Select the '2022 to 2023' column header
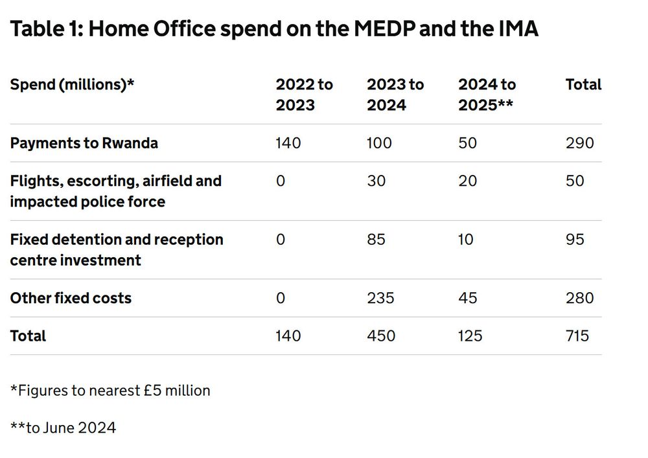pyautogui.click(x=304, y=95)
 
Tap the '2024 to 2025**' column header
pyautogui.click(x=487, y=95)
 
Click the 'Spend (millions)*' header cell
pyautogui.click(x=72, y=84)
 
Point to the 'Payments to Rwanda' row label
pyautogui.click(x=84, y=143)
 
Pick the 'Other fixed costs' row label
pyautogui.click(x=71, y=298)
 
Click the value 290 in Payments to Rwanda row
pyautogui.click(x=579, y=143)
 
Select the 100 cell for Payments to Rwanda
pyautogui.click(x=379, y=143)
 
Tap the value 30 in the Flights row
pyautogui.click(x=376, y=181)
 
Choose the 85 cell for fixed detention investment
pyautogui.click(x=376, y=240)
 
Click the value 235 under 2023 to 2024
pyautogui.click(x=380, y=298)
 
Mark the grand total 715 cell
pyautogui.click(x=577, y=336)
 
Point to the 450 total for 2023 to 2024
pyautogui.click(x=380, y=336)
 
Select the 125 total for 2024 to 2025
pyautogui.click(x=470, y=336)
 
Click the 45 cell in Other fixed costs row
pyautogui.click(x=467, y=298)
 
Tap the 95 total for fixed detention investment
pyautogui.click(x=575, y=240)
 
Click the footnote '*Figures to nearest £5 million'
pyautogui.click(x=110, y=391)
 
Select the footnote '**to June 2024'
pyautogui.click(x=63, y=428)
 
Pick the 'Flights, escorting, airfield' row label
pyautogui.click(x=115, y=181)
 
